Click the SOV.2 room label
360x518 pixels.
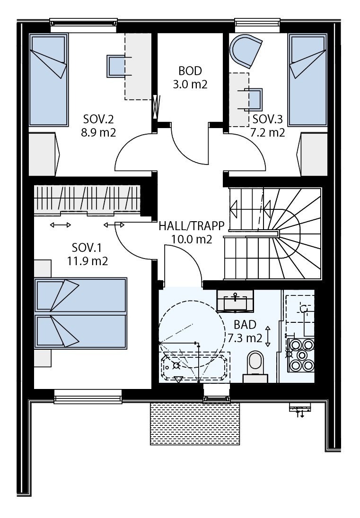pos(99,118)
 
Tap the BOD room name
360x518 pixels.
pos(190,71)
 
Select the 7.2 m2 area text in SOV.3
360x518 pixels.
pos(267,132)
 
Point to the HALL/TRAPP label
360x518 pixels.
pos(191,226)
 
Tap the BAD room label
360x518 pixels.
pos(245,325)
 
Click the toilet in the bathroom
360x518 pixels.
pos(255,364)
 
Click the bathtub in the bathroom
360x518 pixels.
pos(195,366)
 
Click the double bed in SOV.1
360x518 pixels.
pos(81,312)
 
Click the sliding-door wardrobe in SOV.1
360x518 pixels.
pos(88,199)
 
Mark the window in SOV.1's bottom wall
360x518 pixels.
pos(88,396)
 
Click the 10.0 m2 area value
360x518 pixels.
pos(191,240)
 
